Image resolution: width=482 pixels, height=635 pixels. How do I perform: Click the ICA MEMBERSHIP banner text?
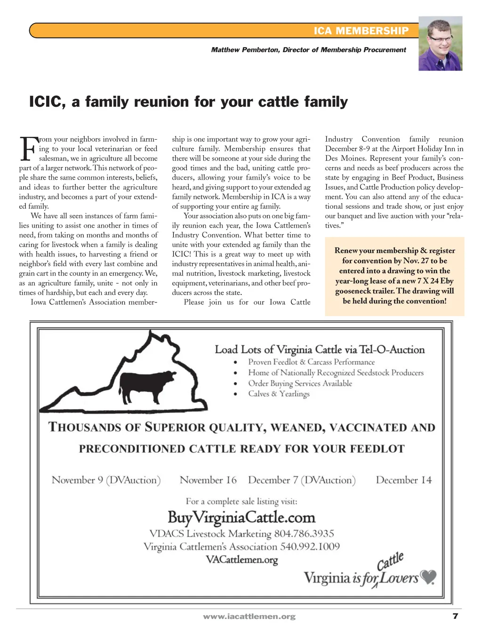[361, 31]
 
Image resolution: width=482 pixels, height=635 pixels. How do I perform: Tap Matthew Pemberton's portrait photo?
[440, 44]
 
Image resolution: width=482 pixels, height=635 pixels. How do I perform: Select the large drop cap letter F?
[28, 149]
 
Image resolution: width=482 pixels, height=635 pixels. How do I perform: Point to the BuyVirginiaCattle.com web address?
[241, 517]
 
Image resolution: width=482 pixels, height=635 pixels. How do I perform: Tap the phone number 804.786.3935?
[304, 533]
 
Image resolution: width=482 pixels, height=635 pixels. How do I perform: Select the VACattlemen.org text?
[242, 560]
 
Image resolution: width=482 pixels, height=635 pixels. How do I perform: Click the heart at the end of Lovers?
[428, 577]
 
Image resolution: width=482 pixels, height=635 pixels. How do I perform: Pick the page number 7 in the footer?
[455, 616]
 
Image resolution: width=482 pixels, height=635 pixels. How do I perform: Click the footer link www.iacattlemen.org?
[249, 616]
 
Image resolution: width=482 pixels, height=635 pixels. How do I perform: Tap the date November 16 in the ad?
[208, 480]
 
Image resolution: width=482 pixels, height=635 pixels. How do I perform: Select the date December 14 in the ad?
[403, 480]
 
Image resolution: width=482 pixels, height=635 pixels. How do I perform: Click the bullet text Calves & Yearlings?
[279, 394]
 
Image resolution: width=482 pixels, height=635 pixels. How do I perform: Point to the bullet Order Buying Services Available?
[300, 383]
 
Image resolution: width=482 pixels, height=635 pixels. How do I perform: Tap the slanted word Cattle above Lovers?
[390, 561]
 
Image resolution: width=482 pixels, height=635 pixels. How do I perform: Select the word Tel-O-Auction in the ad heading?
[392, 349]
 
